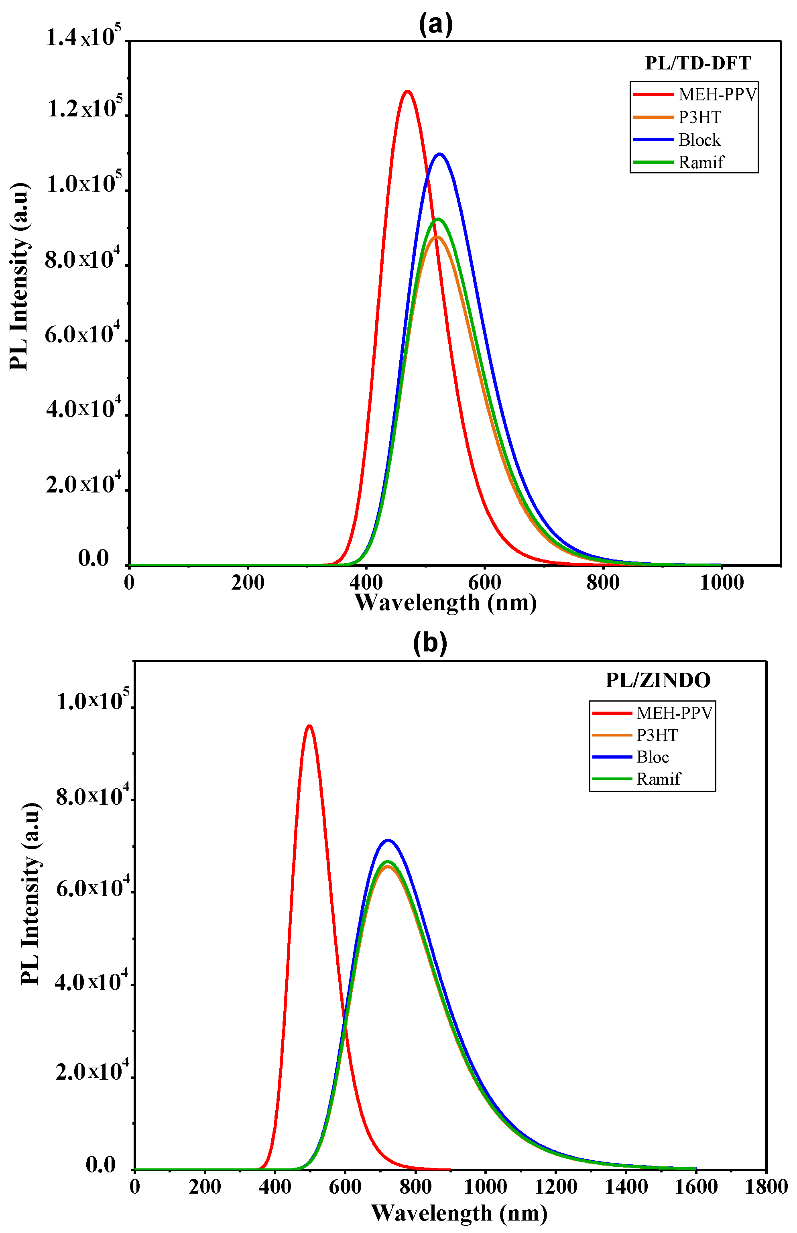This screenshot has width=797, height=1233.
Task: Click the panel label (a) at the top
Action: pos(435,25)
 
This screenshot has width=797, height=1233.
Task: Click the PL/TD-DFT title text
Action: pos(697,63)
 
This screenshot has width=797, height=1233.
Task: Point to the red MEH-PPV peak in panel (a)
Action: pos(407,92)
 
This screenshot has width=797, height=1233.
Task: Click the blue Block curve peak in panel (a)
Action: pos(440,154)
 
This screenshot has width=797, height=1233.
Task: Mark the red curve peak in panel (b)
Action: pos(309,726)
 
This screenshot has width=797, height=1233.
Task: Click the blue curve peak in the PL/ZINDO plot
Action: pos(388,840)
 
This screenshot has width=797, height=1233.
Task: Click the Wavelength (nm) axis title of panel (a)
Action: pos(445,603)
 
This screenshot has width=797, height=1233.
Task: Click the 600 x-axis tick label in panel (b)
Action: pos(345,1186)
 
